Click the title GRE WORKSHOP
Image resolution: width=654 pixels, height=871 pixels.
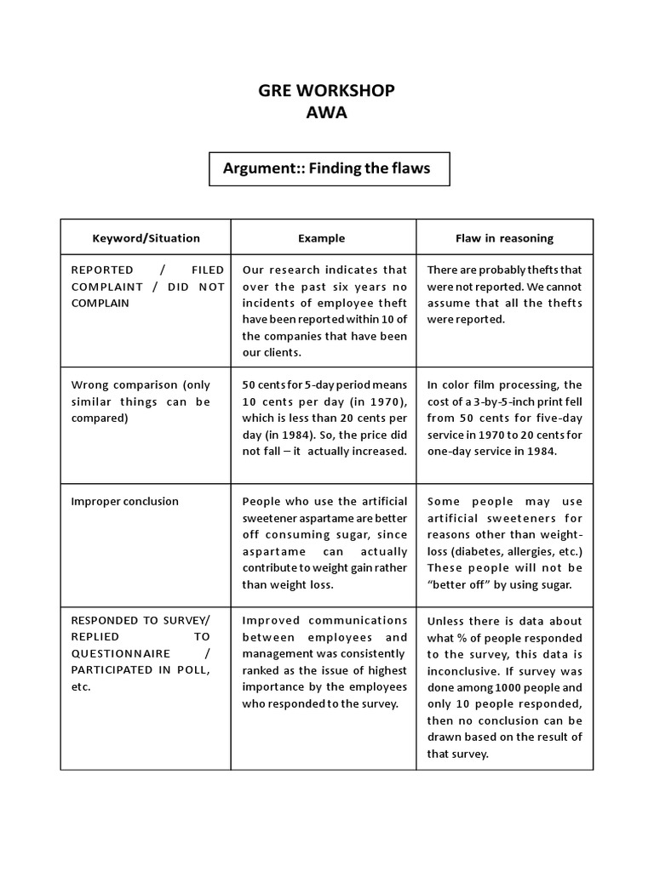click(x=327, y=90)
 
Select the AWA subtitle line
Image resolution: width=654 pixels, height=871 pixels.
click(x=327, y=112)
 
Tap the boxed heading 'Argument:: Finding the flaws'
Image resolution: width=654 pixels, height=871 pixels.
click(x=327, y=168)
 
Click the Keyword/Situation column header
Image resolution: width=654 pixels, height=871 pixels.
click(x=146, y=238)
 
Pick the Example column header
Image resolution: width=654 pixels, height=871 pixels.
click(x=322, y=238)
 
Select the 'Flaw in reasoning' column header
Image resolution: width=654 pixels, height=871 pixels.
click(x=504, y=238)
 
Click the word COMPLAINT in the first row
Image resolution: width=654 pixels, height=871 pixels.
click(x=108, y=287)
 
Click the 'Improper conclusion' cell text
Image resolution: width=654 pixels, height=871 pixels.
click(x=124, y=501)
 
